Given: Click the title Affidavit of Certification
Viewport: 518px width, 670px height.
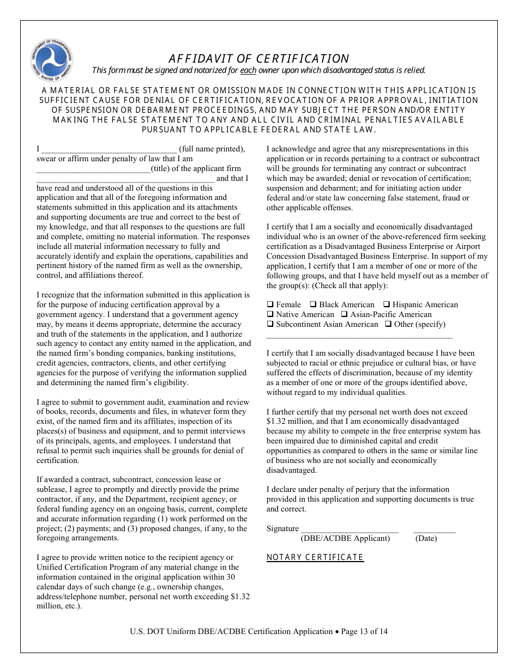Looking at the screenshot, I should pos(258,59).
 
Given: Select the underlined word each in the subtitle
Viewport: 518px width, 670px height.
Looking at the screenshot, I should pos(248,70).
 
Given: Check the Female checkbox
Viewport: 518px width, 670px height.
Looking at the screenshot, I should pos(270,304).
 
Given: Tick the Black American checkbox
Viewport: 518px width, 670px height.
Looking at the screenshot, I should pos(313,304).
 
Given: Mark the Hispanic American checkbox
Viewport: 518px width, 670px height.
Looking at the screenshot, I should pos(386,304).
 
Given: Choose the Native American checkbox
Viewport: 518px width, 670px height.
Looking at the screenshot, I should pos(270,314).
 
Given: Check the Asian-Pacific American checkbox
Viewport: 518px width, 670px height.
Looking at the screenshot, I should pos(344,314).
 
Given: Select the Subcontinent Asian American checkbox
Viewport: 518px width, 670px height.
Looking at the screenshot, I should pos(270,324).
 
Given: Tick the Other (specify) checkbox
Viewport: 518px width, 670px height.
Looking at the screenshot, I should pos(388,324).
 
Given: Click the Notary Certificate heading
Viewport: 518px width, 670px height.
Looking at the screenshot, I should pos(315,557).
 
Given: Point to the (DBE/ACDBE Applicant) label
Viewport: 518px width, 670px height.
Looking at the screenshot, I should pos(345,539).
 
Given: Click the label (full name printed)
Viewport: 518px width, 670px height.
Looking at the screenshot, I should pos(212,149).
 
